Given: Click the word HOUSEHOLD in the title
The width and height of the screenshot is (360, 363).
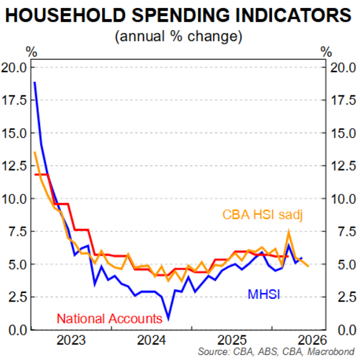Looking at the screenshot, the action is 65,15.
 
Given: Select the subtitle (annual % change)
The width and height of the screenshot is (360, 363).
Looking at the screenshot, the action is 178,36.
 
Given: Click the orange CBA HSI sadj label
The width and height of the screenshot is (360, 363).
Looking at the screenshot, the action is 262,215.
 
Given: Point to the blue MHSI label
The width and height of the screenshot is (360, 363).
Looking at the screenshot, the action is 263,295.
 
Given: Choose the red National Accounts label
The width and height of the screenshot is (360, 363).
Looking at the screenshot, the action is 110,319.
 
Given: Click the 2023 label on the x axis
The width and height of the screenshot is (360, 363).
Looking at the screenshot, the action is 71,340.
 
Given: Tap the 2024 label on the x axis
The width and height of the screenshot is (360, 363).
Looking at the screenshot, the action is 151,340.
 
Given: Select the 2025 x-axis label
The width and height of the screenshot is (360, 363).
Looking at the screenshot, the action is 232,340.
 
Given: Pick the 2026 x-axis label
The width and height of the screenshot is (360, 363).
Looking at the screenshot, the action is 312,340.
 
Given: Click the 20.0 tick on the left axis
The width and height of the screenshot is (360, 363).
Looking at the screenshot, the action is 14,68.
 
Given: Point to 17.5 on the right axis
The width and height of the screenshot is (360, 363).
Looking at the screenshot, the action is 343,100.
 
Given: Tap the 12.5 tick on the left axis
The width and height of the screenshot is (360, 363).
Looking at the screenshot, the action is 14,166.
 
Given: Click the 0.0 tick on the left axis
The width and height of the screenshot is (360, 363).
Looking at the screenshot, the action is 18,330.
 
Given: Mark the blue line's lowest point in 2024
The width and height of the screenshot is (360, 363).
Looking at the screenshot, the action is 169,319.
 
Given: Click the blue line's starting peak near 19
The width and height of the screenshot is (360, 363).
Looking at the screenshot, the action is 34,82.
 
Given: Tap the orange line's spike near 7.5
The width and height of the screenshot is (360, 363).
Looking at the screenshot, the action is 289,230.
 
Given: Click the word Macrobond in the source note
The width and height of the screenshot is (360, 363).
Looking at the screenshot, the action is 330,352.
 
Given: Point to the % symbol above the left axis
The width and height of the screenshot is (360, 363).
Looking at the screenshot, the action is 31,52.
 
